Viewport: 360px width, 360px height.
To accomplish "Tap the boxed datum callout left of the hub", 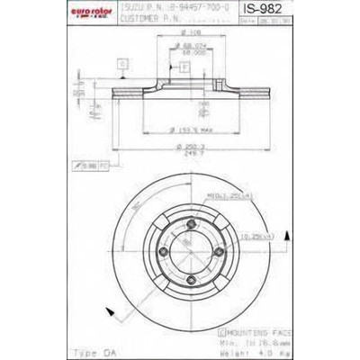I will click(121, 63).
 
